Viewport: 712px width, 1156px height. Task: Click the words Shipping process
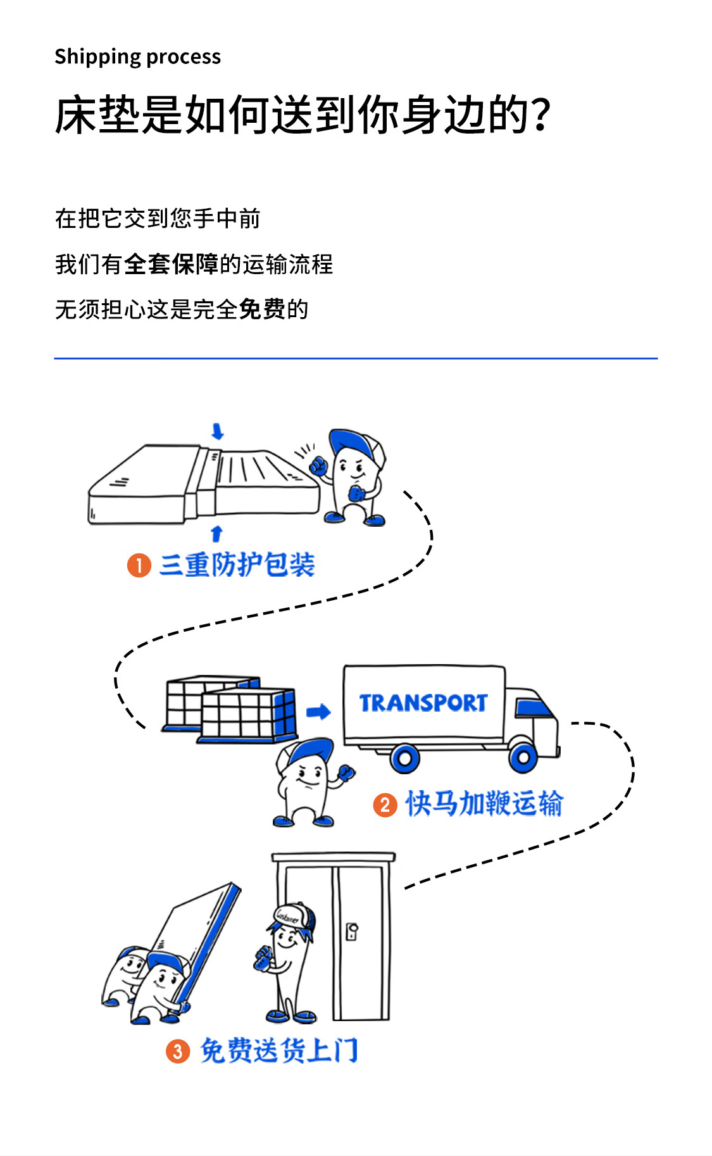[x=137, y=57]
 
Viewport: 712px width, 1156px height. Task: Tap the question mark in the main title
[x=541, y=115]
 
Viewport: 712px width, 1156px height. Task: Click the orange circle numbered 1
[x=139, y=565]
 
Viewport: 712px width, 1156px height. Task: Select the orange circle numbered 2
[x=385, y=805]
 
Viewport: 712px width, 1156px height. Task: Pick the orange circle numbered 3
[x=178, y=1052]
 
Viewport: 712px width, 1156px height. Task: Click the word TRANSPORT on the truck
[x=423, y=703]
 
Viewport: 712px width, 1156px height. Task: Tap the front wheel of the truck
[x=523, y=756]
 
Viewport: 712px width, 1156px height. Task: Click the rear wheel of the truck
[x=405, y=757]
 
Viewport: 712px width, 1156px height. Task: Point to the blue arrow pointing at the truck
[x=318, y=712]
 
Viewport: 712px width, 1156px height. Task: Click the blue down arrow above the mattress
[x=218, y=432]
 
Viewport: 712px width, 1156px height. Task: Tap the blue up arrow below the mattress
[x=216, y=533]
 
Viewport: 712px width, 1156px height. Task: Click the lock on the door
[x=353, y=931]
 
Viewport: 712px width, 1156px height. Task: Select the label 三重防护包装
[x=237, y=565]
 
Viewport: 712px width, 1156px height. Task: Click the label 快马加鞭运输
[x=484, y=804]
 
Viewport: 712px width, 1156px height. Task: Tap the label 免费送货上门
[x=278, y=1051]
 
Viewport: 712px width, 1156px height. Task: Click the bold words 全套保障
[x=171, y=265]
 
